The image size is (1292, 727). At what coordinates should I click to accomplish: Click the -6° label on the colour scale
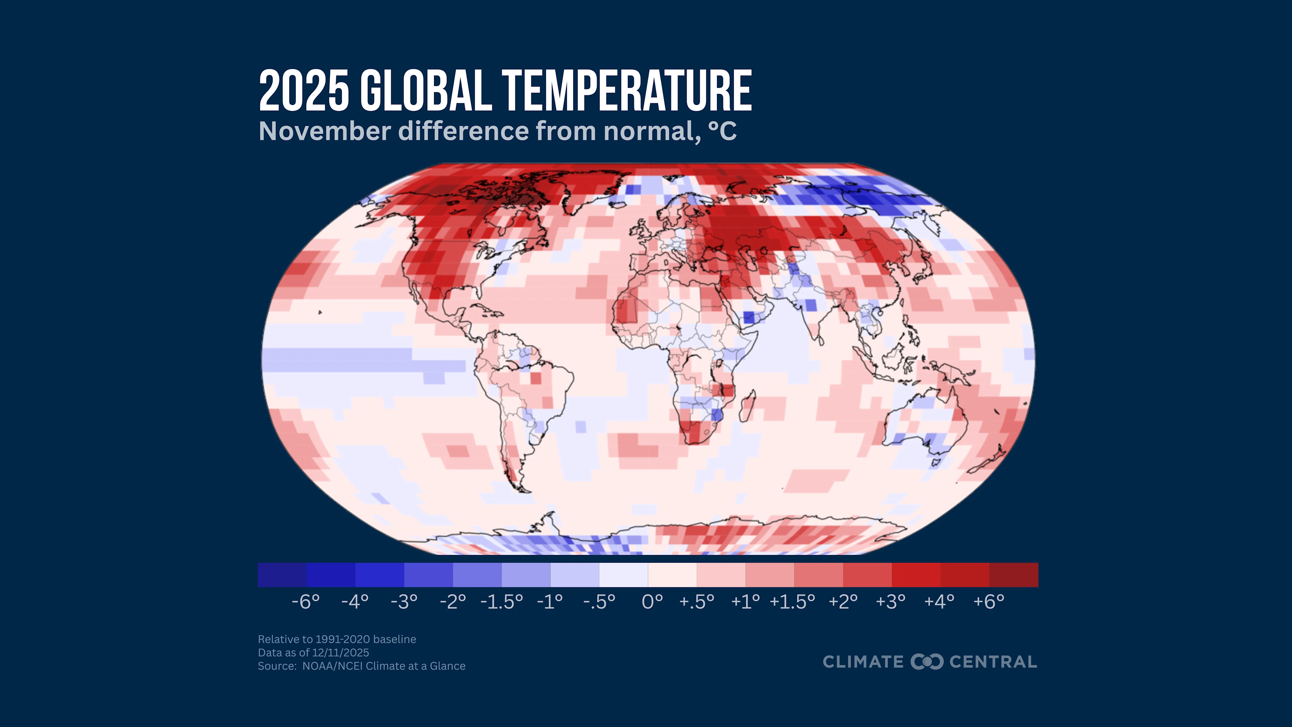point(306,601)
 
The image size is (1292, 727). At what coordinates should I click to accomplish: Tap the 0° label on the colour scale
point(652,601)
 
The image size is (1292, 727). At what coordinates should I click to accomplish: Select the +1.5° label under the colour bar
point(792,601)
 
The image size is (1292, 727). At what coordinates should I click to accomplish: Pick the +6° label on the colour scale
point(989,601)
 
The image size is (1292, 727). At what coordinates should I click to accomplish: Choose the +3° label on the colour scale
point(891,601)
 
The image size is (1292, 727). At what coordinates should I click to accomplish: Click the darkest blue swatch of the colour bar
point(282,575)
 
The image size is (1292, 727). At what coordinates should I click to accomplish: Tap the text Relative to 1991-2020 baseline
point(336,639)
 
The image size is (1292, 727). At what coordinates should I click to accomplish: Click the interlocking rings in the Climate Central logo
point(927,661)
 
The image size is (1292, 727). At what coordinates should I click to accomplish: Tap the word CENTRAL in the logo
point(993,662)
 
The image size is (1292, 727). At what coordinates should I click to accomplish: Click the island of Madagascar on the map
point(747,406)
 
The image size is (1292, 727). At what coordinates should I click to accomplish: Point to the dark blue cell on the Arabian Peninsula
point(749,317)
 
